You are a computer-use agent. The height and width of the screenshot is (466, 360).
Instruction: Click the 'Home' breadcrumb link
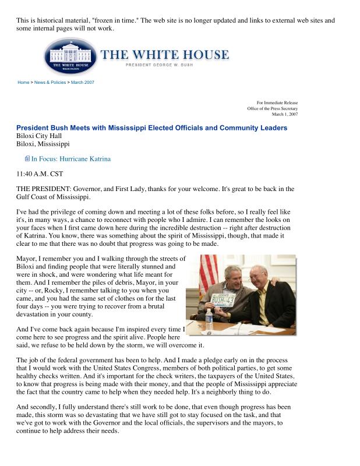tap(23, 83)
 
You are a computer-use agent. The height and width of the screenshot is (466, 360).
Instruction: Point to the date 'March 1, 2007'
tap(285, 115)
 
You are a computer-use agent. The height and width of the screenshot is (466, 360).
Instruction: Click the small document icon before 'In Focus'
tap(27, 158)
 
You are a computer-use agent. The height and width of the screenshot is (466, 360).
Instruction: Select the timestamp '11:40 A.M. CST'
tap(40, 174)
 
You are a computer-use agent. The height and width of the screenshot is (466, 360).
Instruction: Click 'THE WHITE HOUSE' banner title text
tap(165, 55)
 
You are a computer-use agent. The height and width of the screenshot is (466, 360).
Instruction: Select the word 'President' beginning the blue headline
tap(34, 128)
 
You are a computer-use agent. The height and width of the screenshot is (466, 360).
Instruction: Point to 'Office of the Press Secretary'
tap(272, 109)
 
